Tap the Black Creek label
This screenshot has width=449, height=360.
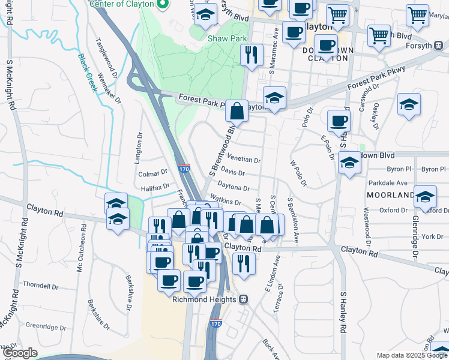[x=88, y=73]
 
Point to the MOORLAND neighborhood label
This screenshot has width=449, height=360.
[x=390, y=196]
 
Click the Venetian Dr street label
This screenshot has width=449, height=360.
[x=244, y=160]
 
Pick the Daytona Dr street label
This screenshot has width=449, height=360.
[x=234, y=188]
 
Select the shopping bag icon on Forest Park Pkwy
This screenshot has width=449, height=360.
[x=237, y=111]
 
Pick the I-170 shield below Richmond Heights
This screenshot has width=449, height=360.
[x=216, y=324]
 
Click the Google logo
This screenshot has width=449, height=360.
[x=20, y=353]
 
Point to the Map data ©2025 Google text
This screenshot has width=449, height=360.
[x=411, y=355]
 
